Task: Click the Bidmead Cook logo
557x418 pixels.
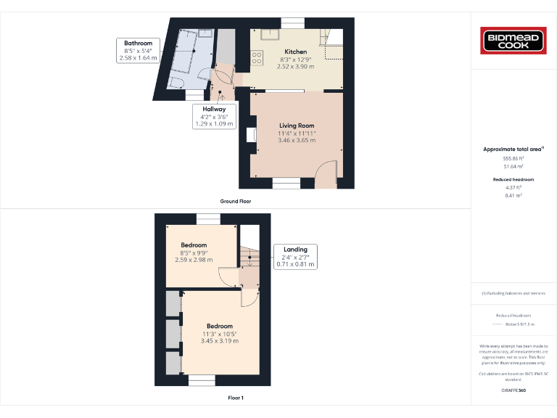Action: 513,41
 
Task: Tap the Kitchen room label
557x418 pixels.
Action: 296,52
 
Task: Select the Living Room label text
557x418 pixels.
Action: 297,126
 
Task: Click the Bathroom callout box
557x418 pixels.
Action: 138,50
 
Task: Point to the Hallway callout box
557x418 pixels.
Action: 214,116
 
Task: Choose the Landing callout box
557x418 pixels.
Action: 295,257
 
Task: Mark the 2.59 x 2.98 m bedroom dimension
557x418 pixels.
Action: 194,260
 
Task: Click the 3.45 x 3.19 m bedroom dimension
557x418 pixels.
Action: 220,341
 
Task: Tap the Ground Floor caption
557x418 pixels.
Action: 235,201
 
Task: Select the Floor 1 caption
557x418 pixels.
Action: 235,398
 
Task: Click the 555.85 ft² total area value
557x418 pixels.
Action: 513,158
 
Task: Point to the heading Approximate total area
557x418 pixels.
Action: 512,149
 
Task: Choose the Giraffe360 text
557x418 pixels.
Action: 513,390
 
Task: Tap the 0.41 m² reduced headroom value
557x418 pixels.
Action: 513,195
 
